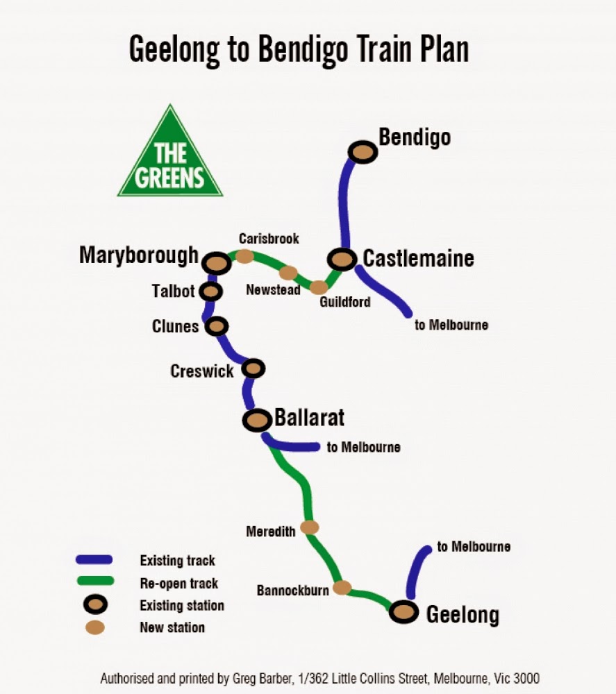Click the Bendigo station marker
[363, 152]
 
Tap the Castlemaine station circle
[342, 260]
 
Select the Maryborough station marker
[217, 263]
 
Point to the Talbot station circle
[210, 291]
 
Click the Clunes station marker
[217, 325]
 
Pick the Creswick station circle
[253, 368]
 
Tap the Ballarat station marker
[257, 420]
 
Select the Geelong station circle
[403, 612]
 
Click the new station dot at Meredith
[309, 527]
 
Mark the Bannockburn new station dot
[342, 588]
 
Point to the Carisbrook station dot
[244, 256]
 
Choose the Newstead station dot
[288, 273]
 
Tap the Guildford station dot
[319, 287]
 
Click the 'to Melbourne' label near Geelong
[474, 547]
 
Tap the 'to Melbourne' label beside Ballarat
[363, 447]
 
